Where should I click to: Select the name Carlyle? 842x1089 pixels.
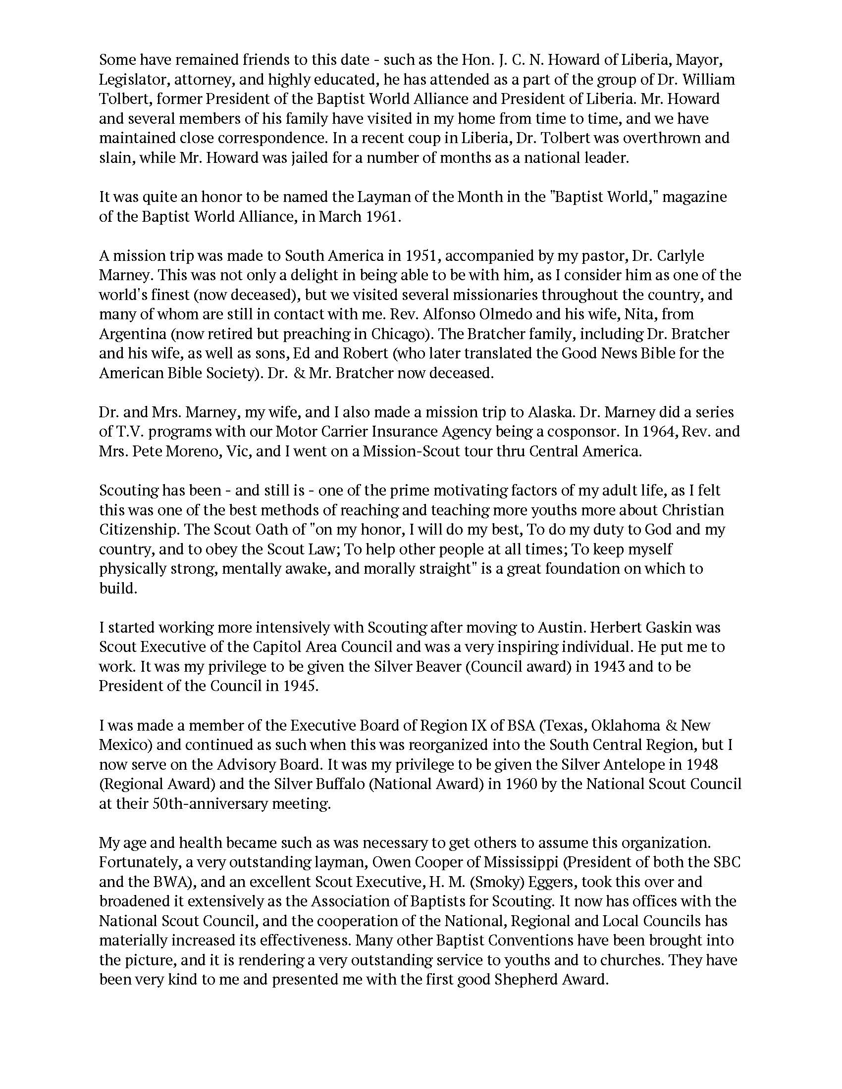click(679, 256)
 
